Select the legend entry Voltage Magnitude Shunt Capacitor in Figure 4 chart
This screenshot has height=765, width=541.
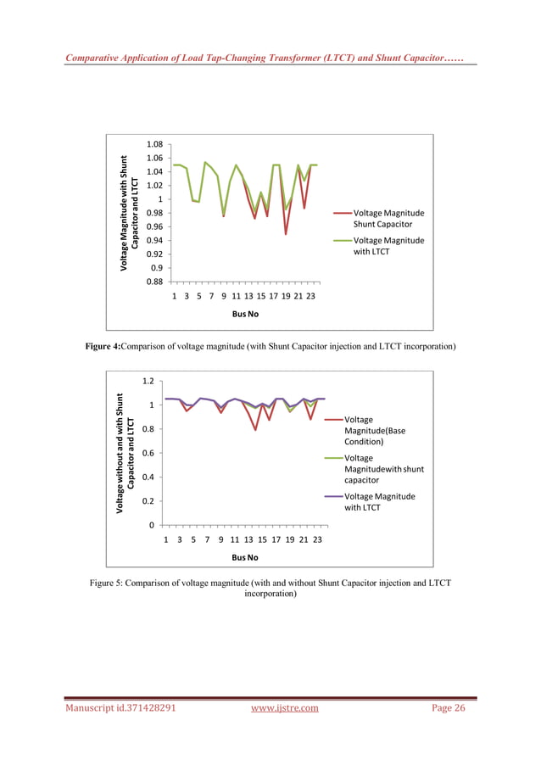point(388,219)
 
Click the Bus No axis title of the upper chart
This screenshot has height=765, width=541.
point(245,314)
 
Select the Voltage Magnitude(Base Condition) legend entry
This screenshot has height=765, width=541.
point(375,431)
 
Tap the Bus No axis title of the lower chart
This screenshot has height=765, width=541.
point(245,557)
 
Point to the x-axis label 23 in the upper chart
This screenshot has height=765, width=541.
point(311,297)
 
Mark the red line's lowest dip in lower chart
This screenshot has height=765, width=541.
point(255,430)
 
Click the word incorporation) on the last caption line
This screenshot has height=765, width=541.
point(270,595)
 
